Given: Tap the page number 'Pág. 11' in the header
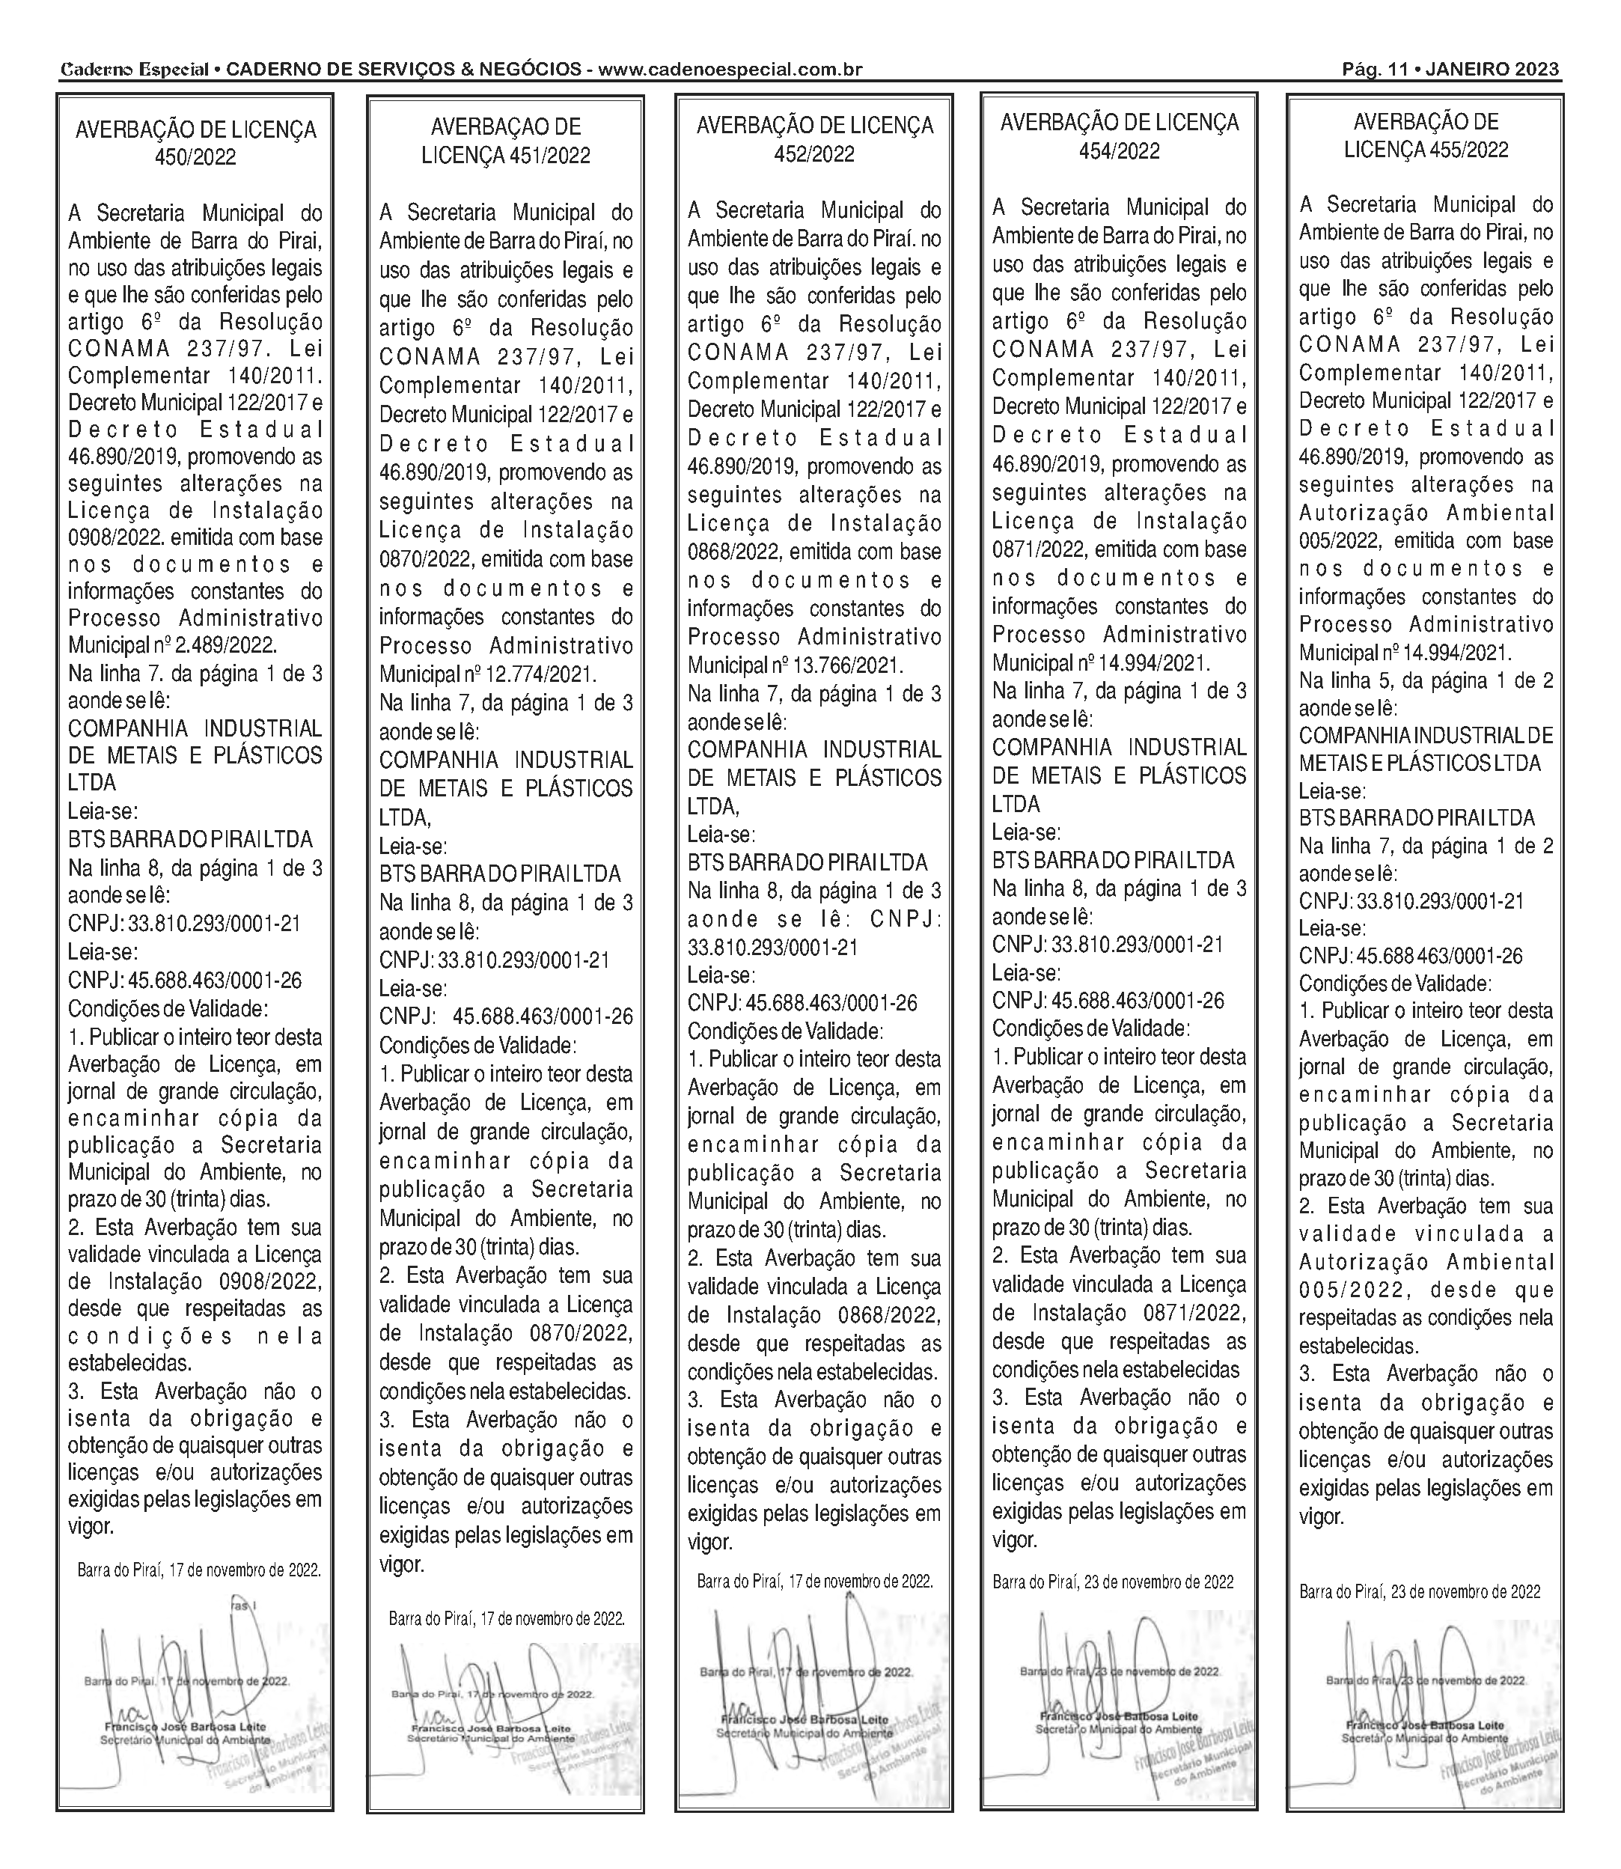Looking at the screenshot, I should [1373, 70].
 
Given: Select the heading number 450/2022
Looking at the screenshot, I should [195, 157].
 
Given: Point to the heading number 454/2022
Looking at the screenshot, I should [1119, 151].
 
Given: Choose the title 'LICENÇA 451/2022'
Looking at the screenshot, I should [506, 156].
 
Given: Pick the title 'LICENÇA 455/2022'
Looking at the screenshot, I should [1426, 149].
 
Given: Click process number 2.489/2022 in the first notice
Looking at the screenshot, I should [225, 646].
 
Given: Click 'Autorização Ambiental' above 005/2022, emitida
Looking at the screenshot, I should [1426, 513].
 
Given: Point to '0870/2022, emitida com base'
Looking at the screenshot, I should [506, 559].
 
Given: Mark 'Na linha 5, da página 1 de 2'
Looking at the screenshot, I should [1426, 680].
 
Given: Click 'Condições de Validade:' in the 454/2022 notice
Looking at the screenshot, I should [1091, 1028].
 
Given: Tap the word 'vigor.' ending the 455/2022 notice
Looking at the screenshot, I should [1322, 1517].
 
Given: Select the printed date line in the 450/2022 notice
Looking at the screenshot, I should [199, 1570].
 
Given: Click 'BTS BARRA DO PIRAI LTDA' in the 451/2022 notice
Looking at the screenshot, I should [500, 874].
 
